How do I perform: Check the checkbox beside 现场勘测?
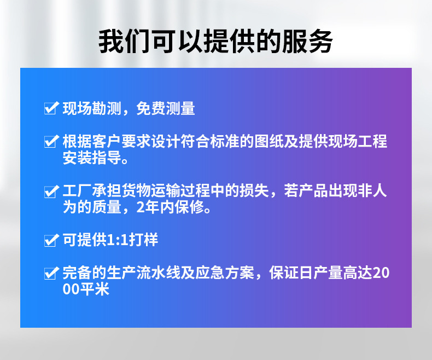(x=51, y=108)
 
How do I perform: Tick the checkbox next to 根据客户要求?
(x=51, y=141)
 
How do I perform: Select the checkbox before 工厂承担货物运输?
(x=51, y=191)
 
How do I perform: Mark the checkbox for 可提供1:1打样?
(x=51, y=240)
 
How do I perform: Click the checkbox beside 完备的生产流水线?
(x=51, y=273)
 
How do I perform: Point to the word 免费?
(x=151, y=108)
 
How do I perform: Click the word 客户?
(x=107, y=141)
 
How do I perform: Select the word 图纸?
(x=269, y=141)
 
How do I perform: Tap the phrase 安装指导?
(x=92, y=158)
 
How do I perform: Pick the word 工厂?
(x=78, y=191)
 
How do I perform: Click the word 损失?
(x=254, y=191)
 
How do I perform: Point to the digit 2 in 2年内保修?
(x=141, y=207)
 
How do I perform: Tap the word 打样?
(x=143, y=240)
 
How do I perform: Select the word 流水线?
(x=159, y=272)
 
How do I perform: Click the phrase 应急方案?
(x=225, y=272)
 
